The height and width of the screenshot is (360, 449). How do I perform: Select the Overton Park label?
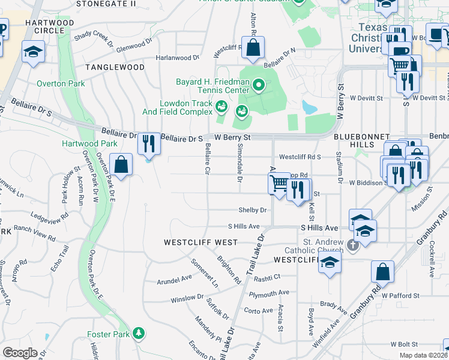pyautogui.click(x=61, y=84)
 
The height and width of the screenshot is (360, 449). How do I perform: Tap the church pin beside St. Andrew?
pyautogui.click(x=352, y=245)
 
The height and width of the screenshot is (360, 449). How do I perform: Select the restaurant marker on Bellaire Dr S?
pyautogui.click(x=149, y=144)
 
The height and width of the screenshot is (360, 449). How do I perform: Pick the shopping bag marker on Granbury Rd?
pyautogui.click(x=382, y=273)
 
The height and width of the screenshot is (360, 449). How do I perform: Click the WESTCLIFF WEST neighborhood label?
pyautogui.click(x=200, y=242)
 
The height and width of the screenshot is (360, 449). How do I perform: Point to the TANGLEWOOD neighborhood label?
pyautogui.click(x=115, y=67)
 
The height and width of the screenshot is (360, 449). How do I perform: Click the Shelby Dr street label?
pyautogui.click(x=252, y=210)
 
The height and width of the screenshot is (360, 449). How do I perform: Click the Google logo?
pyautogui.click(x=20, y=353)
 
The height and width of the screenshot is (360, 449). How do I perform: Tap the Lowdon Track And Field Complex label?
pyautogui.click(x=177, y=107)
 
